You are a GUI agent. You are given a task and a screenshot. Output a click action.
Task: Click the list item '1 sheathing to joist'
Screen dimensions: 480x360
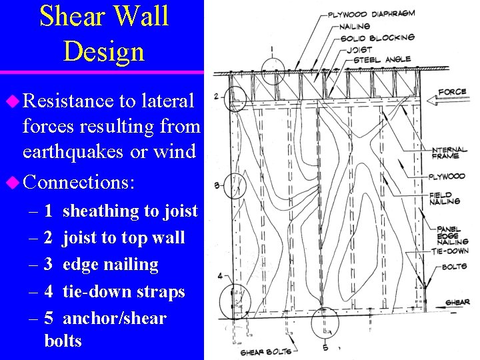tap(120, 211)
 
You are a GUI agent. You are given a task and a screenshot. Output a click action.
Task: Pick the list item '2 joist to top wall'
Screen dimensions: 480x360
tap(114, 238)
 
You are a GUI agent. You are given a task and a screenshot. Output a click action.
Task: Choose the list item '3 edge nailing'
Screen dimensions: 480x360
tap(101, 265)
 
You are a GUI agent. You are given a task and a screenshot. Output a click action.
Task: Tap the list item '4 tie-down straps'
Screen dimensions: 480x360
tap(114, 292)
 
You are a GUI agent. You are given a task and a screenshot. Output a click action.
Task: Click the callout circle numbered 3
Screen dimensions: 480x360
tap(235, 185)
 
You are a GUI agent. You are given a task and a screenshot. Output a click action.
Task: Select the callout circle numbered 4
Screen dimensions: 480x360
tap(236, 298)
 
